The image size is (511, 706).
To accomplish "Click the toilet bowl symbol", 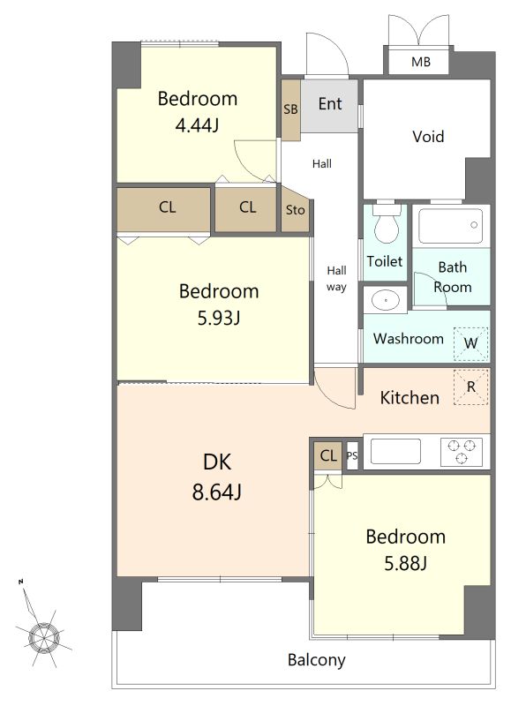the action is [x=387, y=224].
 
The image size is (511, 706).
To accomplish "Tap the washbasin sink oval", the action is [x=386, y=300].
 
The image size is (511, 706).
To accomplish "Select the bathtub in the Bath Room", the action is [x=450, y=226].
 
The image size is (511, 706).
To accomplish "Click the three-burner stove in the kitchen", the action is [x=462, y=452].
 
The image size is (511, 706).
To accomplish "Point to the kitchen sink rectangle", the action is [x=395, y=451].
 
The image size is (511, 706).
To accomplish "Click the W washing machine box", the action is [x=471, y=343].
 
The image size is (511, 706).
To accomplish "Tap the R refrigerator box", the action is [x=471, y=387].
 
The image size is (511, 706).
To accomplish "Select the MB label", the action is [x=420, y=62].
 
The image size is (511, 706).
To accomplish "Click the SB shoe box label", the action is [x=291, y=109].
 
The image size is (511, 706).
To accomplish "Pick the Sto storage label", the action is [x=296, y=210].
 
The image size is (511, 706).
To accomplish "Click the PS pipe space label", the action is [x=352, y=455].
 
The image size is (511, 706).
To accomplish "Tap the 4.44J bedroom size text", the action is [x=197, y=125].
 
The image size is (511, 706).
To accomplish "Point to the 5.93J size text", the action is [x=219, y=318].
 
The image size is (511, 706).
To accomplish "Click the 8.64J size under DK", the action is [x=217, y=492].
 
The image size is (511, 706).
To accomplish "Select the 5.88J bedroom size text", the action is [x=406, y=563].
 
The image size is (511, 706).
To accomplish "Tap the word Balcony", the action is [x=317, y=660].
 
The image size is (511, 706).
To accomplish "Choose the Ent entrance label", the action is [x=330, y=104].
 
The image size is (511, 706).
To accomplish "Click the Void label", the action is [x=428, y=137].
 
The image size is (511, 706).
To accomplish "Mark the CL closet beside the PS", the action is [x=328, y=455].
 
